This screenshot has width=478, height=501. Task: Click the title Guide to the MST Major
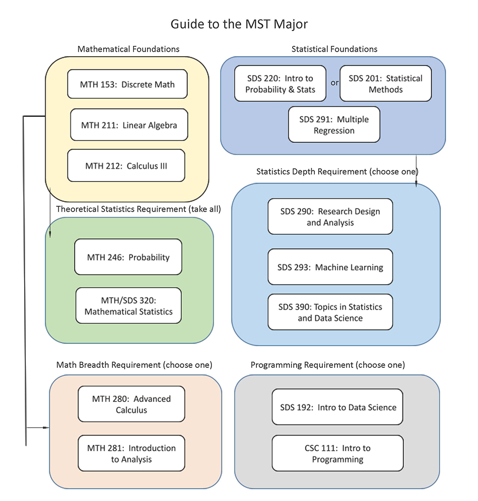tap(239, 24)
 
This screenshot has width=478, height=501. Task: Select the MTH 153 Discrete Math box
tap(127, 84)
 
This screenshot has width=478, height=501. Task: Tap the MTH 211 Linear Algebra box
tap(129, 125)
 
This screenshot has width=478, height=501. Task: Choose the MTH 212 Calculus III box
tap(126, 166)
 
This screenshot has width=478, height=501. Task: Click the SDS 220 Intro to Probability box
tap(280, 83)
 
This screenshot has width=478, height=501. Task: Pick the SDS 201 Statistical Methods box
tap(385, 83)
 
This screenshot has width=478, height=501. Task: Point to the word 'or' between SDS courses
tap(335, 83)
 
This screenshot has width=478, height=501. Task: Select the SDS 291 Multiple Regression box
tap(334, 125)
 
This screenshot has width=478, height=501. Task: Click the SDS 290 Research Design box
tap(330, 216)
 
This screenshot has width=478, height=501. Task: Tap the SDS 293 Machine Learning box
tap(330, 267)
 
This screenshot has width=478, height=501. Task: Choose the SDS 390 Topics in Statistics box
tap(330, 312)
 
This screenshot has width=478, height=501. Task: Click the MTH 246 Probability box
tap(128, 257)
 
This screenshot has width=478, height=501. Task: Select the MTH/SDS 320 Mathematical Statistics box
tap(128, 306)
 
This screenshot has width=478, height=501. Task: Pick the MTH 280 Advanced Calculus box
tap(131, 404)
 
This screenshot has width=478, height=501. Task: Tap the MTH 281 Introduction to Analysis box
tap(131, 453)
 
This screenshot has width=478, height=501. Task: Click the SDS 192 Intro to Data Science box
tap(337, 407)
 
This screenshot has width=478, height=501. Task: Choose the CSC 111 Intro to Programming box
tap(337, 453)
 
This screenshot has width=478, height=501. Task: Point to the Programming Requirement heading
tap(327, 365)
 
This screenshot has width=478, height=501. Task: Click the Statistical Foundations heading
tap(334, 49)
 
